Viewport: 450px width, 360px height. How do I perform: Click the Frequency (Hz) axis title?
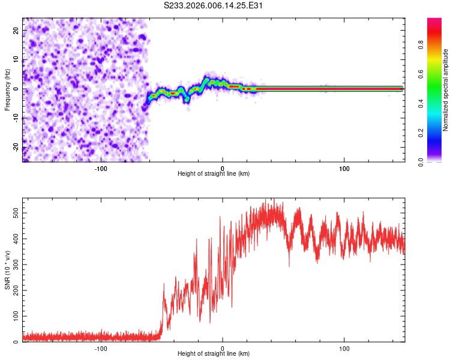(7, 89)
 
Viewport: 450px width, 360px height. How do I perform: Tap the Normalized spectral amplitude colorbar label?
(445, 89)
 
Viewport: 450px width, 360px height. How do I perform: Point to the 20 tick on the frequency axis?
(16, 30)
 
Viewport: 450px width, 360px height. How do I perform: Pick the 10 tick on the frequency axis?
(16, 59)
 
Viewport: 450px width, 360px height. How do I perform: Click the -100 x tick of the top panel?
(100, 167)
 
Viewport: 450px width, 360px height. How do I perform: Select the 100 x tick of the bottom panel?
(344, 348)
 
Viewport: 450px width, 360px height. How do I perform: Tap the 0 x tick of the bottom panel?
(223, 348)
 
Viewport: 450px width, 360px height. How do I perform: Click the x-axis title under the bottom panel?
(214, 354)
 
